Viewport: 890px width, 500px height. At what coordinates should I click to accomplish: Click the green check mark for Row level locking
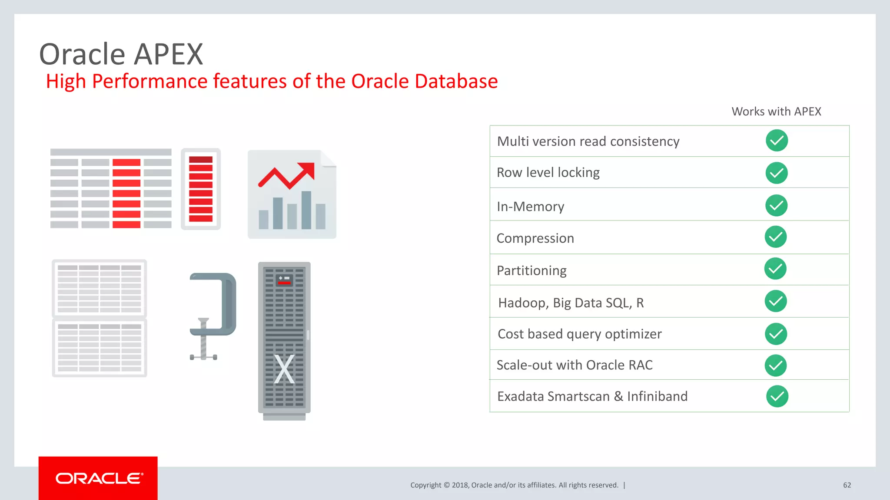[777, 173]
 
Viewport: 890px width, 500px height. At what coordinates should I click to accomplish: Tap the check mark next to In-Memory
[776, 205]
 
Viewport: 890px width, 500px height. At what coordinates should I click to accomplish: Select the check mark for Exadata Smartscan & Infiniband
[777, 396]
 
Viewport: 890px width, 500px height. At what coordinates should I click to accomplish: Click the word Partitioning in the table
[531, 270]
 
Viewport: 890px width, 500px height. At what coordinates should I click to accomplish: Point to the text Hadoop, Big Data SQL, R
[571, 303]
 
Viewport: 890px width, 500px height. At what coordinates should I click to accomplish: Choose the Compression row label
[535, 238]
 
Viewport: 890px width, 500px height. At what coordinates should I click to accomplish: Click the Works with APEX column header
[776, 112]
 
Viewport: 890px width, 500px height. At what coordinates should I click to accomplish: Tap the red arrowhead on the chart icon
[307, 170]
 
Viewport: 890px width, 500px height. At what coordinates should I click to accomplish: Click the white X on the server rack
[284, 369]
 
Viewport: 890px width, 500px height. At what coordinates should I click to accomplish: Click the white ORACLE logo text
[99, 478]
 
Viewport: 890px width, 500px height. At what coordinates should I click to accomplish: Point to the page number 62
[847, 485]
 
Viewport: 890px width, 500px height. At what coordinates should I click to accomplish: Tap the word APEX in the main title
[168, 55]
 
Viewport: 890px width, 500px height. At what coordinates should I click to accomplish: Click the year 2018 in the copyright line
[460, 485]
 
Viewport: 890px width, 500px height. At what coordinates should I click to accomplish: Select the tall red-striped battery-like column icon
[201, 189]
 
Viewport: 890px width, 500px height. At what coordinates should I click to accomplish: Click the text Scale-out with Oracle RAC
[574, 365]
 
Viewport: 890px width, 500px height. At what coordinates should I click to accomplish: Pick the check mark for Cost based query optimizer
[776, 334]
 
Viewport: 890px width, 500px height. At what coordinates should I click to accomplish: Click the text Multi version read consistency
[588, 141]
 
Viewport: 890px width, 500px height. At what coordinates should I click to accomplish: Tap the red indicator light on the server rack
[284, 283]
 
